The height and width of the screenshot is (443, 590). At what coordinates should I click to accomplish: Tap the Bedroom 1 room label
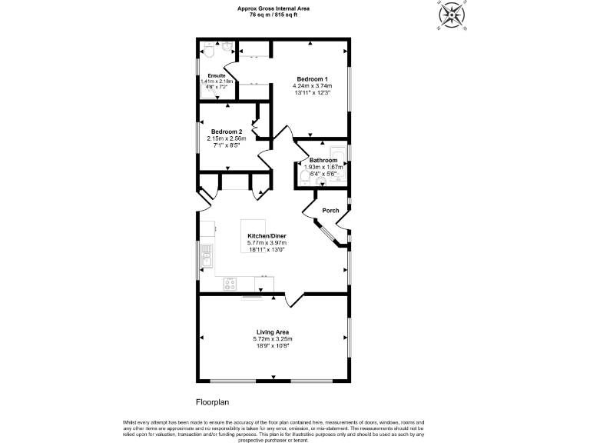tap(313, 79)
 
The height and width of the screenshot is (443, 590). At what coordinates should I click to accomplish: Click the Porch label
tap(330, 210)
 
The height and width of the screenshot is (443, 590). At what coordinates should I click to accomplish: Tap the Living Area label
tap(273, 331)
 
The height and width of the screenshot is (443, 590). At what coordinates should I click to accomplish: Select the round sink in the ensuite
tap(227, 47)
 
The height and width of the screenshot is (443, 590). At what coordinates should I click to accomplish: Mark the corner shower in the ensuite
tap(207, 90)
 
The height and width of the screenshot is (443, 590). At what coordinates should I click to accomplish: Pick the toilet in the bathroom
tap(307, 178)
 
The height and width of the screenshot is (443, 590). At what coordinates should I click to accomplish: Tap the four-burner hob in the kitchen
tap(230, 285)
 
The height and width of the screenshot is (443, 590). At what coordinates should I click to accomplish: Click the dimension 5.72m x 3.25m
tap(273, 338)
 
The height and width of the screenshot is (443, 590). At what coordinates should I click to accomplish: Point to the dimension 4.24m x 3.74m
tap(313, 86)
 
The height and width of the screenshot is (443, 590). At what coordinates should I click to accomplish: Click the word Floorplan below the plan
tap(212, 401)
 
